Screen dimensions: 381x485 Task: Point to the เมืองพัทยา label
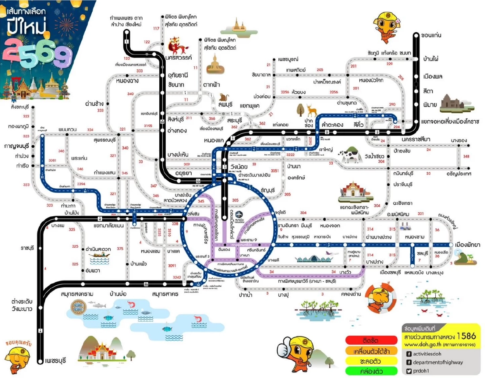coord(468,245)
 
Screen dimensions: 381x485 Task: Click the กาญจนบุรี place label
coord(17,145)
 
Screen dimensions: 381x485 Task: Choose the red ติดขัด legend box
coord(371,339)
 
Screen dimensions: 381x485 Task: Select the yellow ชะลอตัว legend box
coord(371,360)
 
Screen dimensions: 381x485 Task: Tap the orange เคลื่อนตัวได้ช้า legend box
coord(371,350)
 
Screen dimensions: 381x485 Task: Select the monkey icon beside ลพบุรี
coord(224,97)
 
